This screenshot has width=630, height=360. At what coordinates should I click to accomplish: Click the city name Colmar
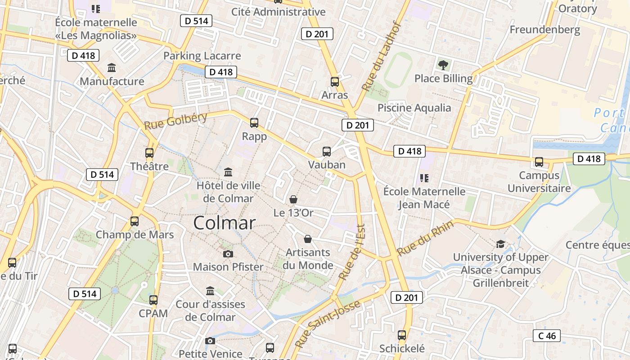point(225,223)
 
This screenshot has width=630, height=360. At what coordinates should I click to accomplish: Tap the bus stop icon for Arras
point(335,81)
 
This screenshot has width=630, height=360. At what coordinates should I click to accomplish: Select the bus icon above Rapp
point(254,122)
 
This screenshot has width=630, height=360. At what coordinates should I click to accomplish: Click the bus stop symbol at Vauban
point(327,152)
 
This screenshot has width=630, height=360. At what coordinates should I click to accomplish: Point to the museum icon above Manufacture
point(112,68)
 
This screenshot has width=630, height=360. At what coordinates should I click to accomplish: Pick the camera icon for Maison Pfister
point(228,254)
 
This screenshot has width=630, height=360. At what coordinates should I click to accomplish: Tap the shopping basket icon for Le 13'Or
point(293,199)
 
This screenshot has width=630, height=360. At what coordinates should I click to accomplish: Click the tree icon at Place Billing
point(443,65)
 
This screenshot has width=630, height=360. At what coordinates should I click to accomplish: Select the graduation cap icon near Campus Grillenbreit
point(500,244)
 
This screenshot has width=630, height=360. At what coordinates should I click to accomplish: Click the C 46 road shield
point(547,336)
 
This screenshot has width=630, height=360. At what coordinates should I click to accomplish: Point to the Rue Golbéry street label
point(175,121)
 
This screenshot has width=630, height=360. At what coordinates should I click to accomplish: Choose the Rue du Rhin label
point(425,238)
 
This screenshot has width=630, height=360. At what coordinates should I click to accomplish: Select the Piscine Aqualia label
point(414,108)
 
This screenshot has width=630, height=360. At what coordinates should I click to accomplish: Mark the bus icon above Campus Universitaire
point(539,162)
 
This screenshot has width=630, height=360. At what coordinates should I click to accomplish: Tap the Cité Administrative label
point(278,12)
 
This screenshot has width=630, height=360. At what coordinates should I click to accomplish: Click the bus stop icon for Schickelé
point(402,335)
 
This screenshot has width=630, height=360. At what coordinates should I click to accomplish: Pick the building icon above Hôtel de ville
point(228,172)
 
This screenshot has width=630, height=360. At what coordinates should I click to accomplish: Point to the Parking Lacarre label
point(202,56)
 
